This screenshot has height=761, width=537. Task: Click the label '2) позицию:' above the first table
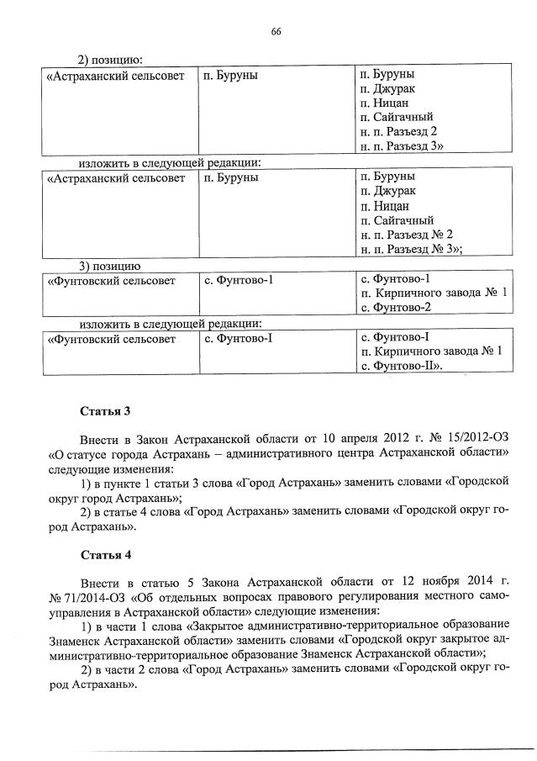click(x=110, y=59)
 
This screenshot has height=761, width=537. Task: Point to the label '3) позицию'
click(x=109, y=265)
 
